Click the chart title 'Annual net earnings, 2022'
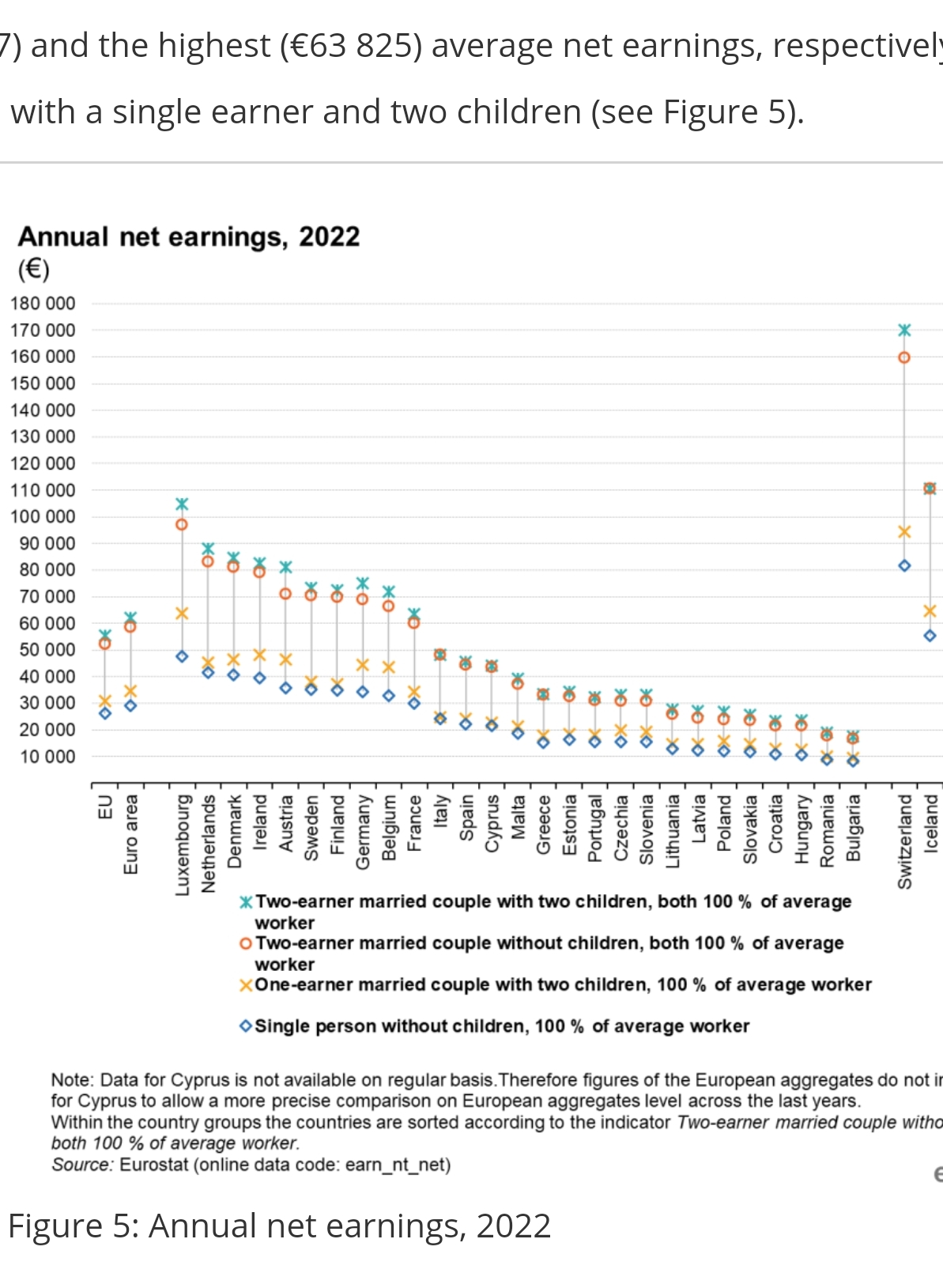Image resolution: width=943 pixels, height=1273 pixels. point(189,236)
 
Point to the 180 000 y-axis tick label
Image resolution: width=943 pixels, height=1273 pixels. point(43,304)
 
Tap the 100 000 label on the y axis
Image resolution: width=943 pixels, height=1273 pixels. point(43,516)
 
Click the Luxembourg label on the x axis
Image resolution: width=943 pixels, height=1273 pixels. point(183,845)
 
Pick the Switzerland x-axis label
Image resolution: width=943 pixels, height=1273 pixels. point(905,841)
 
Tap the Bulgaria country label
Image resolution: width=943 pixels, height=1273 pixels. point(854,828)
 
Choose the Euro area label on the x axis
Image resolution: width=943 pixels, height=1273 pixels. point(131,834)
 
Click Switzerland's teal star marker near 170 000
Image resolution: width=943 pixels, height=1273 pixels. point(904,330)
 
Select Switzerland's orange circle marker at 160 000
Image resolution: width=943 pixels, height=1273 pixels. point(904,357)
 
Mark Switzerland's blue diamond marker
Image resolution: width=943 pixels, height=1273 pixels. point(904,565)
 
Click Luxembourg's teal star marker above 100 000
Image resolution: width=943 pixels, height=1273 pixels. point(182,504)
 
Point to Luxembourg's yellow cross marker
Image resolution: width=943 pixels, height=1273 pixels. point(182,613)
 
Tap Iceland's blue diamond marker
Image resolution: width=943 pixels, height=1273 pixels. point(930,636)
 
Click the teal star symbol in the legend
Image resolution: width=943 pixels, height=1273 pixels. point(246,902)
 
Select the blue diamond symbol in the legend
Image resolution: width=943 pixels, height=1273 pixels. point(246,1026)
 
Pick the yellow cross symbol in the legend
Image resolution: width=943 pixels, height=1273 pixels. point(246,985)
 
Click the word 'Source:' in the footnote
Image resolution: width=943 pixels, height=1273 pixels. point(82,1165)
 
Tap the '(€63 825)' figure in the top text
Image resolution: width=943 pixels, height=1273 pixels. point(351,46)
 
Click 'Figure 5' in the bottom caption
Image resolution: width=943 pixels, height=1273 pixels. point(57,1226)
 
